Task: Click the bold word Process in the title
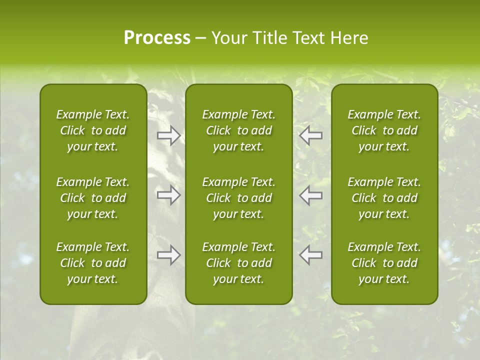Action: pos(157,38)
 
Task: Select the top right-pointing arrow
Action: pos(168,135)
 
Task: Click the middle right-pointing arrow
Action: pos(168,195)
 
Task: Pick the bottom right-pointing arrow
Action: pos(168,255)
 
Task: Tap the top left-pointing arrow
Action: pos(310,135)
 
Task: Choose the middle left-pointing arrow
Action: pos(310,195)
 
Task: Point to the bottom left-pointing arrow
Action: pos(310,255)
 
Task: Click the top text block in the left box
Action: pos(93,130)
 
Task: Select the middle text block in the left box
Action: pos(93,198)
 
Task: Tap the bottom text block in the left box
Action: pos(93,263)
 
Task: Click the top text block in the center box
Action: pos(239,130)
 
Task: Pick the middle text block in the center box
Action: pos(239,198)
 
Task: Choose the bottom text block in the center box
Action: pos(239,263)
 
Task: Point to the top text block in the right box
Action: pos(384,130)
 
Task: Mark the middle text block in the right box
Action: pos(384,198)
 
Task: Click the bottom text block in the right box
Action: pos(384,263)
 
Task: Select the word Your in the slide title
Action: pos(227,38)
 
